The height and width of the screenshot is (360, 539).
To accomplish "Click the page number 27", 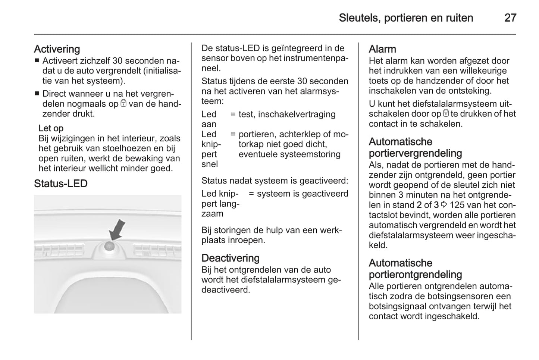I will (510, 18).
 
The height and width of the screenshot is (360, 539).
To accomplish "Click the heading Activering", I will (57, 49).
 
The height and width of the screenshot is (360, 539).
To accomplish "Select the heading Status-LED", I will (60, 184).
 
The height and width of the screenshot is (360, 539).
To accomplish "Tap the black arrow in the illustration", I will (117, 229).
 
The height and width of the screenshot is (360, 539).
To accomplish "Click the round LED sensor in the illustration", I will (109, 245).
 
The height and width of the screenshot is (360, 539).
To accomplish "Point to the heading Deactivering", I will (230, 258).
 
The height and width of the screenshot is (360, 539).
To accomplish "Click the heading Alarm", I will (382, 49).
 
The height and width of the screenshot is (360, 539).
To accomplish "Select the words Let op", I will (51, 128).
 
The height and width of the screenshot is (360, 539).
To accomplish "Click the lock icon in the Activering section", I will (123, 104).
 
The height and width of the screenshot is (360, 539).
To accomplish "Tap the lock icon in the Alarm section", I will (446, 114).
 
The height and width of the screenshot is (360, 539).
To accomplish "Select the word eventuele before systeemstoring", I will (258, 154).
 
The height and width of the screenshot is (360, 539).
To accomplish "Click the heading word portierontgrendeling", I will (415, 274).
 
